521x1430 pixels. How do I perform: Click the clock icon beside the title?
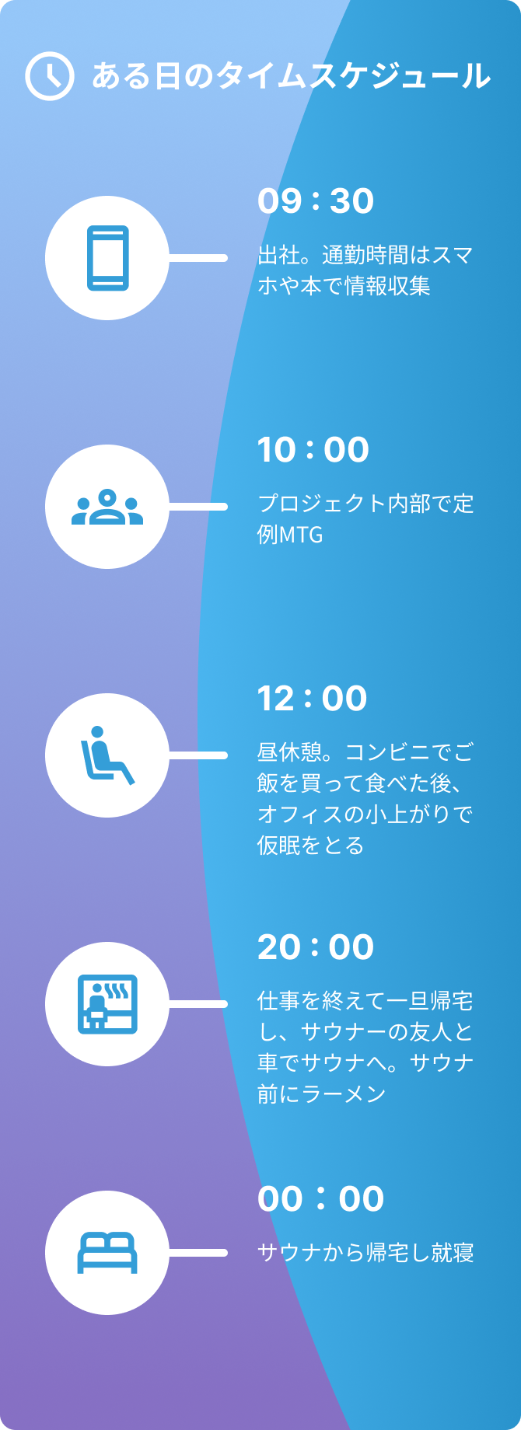tap(50, 76)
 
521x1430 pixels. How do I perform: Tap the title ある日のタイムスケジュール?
tap(291, 76)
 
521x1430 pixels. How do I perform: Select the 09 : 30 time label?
tap(315, 201)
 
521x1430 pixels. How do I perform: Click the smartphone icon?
tap(107, 258)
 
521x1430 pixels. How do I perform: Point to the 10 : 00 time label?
tap(313, 450)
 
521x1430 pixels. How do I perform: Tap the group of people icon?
tap(107, 507)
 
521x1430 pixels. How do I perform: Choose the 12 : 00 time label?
tap(312, 699)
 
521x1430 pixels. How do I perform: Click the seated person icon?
tap(107, 755)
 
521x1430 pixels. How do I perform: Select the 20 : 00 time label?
tap(315, 947)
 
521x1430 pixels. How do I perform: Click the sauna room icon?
tap(107, 1004)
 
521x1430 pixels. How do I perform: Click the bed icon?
tap(107, 1253)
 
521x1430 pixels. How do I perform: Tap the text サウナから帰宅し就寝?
tap(365, 1253)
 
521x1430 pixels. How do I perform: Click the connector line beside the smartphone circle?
tap(198, 258)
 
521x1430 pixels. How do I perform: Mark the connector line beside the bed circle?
tap(198, 1253)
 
